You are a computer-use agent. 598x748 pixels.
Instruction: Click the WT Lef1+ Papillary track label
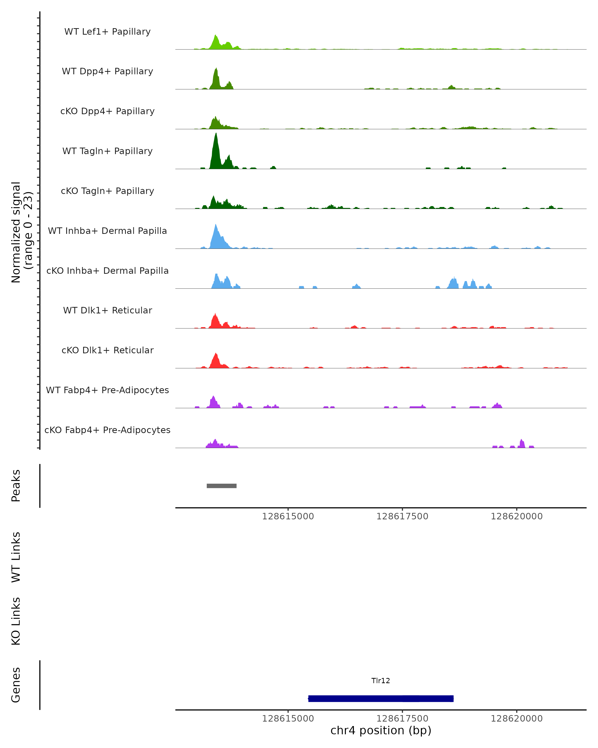[107, 32]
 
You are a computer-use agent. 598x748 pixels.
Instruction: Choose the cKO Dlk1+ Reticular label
[107, 350]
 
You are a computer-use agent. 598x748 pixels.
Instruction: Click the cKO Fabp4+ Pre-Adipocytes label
[107, 430]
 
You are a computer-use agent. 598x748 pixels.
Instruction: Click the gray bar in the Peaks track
[222, 486]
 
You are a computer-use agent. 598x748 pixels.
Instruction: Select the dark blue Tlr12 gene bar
[381, 698]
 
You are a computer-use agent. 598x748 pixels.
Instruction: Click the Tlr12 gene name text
[381, 681]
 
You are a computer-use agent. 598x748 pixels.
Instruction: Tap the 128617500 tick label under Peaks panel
[402, 516]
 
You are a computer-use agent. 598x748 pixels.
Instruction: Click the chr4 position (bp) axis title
[381, 730]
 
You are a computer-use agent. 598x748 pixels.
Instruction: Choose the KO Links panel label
[16, 621]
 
